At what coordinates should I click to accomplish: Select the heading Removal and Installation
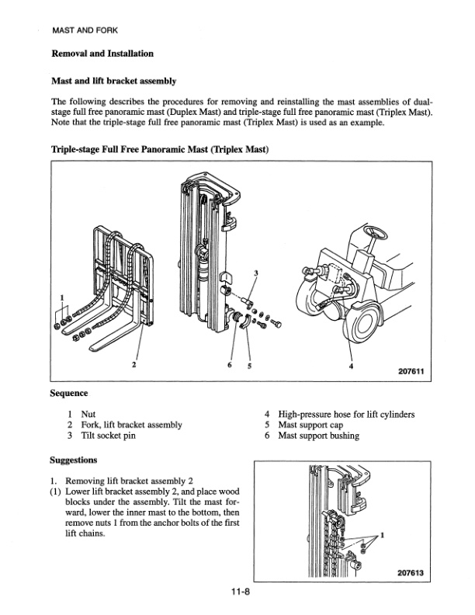[102, 54]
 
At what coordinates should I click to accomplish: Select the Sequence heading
[69, 394]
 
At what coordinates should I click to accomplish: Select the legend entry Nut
[89, 415]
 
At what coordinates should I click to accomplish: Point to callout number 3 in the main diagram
[256, 273]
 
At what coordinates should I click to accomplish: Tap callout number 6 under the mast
[231, 365]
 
